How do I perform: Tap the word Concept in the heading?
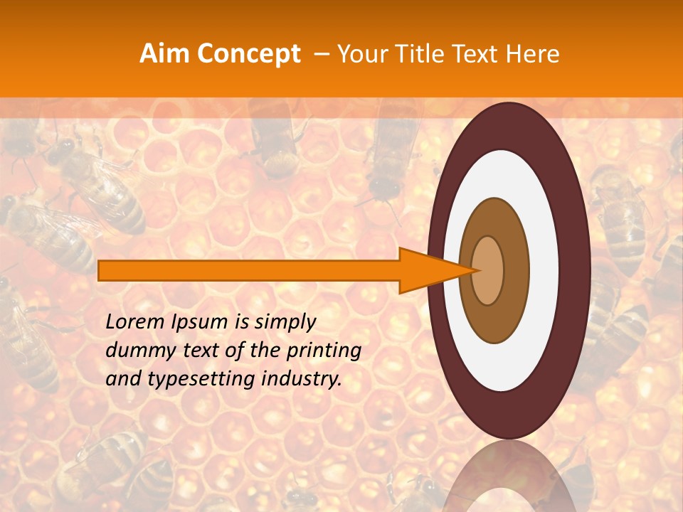click(x=249, y=54)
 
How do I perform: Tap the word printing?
click(x=322, y=351)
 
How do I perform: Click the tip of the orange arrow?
click(x=475, y=270)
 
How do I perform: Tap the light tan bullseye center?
click(x=488, y=270)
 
